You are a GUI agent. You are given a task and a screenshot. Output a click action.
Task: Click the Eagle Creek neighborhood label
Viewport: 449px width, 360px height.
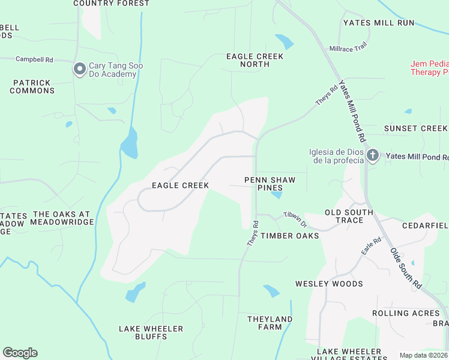point(180,185)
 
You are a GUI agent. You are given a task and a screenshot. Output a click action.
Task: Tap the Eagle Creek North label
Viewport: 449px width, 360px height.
point(255,60)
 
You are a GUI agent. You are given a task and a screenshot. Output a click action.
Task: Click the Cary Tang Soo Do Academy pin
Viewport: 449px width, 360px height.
point(79,70)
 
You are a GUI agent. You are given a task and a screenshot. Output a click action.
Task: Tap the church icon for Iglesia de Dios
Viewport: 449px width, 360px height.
point(372,156)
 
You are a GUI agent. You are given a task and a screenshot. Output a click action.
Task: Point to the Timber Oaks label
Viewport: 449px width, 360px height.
point(289,236)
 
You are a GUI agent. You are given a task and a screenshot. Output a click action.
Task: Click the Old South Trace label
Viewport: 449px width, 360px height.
point(349,216)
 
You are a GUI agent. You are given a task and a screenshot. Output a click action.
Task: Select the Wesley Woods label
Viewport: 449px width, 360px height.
point(329,284)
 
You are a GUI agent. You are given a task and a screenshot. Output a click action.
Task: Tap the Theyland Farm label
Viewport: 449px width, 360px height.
point(270,323)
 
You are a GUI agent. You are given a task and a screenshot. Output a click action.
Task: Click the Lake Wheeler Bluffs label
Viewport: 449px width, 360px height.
point(151,333)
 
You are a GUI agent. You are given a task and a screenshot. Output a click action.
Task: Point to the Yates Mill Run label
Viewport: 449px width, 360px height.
point(379,23)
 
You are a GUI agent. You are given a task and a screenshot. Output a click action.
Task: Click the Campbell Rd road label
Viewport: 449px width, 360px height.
point(34,59)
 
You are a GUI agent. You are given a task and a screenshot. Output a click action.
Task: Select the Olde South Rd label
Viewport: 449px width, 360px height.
point(406,269)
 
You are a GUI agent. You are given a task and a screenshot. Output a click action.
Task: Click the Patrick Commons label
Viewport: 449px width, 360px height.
point(33,86)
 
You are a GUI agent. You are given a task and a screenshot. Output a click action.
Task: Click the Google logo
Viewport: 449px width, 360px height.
point(20,353)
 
